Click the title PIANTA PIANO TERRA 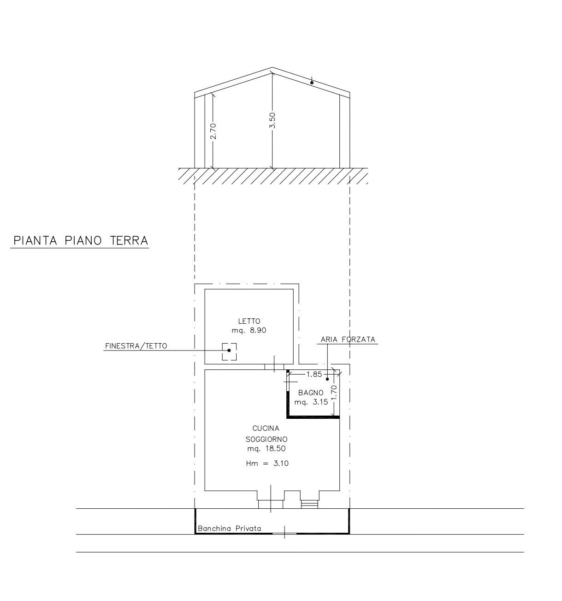(81, 241)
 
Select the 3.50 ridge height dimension (272, 120)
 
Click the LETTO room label (249, 321)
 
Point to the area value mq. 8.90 (249, 330)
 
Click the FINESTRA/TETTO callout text (136, 346)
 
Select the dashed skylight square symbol (229, 351)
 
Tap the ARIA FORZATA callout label (348, 339)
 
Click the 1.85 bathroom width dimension (314, 375)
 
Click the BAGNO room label (311, 393)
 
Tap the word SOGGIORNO (266, 439)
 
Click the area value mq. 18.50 (266, 448)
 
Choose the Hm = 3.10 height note (267, 463)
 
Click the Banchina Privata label (229, 529)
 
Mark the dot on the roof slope (312, 83)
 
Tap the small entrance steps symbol (309, 504)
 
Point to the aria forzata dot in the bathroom (327, 379)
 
